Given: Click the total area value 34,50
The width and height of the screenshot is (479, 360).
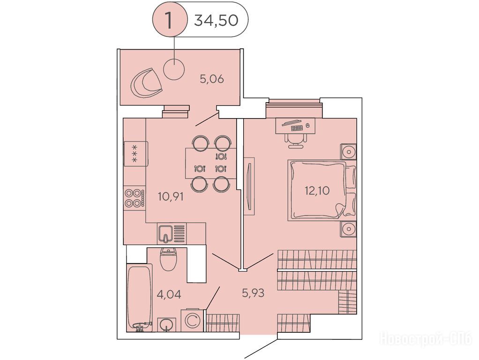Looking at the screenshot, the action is click(216, 20).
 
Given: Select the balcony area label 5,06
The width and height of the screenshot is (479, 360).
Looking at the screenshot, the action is click(212, 79).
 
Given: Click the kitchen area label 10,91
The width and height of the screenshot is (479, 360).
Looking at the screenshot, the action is click(171, 196).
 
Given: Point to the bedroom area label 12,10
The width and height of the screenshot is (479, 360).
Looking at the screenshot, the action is click(317, 191).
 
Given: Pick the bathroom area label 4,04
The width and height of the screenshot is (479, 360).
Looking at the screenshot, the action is click(169, 294).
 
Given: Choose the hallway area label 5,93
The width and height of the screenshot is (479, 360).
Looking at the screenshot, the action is click(253, 293).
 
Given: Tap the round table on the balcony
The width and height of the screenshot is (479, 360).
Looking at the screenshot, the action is click(174, 69).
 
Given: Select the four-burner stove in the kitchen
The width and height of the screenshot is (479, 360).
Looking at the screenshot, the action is click(135, 198).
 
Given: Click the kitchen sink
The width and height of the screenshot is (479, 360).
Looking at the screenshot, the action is click(172, 234).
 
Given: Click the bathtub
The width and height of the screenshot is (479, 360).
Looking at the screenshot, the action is click(140, 298).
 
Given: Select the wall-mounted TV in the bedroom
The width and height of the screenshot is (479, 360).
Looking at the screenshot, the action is click(250, 187).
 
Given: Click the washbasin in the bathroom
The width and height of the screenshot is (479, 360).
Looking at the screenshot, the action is click(166, 324).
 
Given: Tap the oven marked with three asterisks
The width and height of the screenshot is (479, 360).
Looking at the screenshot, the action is click(135, 154).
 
